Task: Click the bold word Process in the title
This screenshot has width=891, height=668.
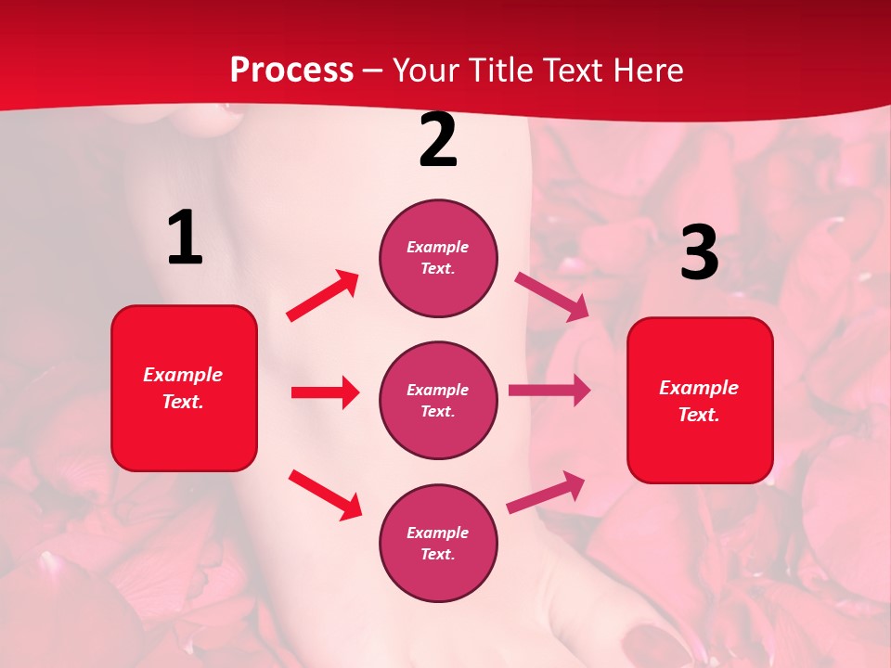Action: [291, 71]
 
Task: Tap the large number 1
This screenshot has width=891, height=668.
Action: [185, 238]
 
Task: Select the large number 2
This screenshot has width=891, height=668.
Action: [438, 140]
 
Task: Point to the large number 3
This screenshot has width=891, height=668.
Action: [699, 252]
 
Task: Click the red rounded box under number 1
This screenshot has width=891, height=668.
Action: [184, 388]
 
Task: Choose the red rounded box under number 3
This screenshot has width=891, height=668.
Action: [700, 400]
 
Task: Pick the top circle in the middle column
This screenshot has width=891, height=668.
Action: [438, 258]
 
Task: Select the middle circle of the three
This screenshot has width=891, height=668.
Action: [438, 400]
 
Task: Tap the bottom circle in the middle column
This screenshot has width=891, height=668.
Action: [438, 543]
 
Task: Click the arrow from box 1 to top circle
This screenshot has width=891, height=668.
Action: [322, 296]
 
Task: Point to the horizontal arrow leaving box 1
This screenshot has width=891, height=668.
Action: [325, 392]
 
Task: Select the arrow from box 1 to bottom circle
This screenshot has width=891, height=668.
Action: [325, 495]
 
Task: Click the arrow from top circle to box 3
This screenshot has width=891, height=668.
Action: [551, 296]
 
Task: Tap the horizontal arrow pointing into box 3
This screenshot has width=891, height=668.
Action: [549, 391]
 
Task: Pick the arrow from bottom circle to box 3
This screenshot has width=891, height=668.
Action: [546, 492]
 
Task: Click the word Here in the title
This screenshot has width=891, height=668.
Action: [649, 71]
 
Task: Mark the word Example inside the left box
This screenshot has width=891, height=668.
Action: [183, 375]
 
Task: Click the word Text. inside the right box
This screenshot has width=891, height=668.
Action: [699, 415]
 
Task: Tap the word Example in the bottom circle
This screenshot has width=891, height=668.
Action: [438, 533]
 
